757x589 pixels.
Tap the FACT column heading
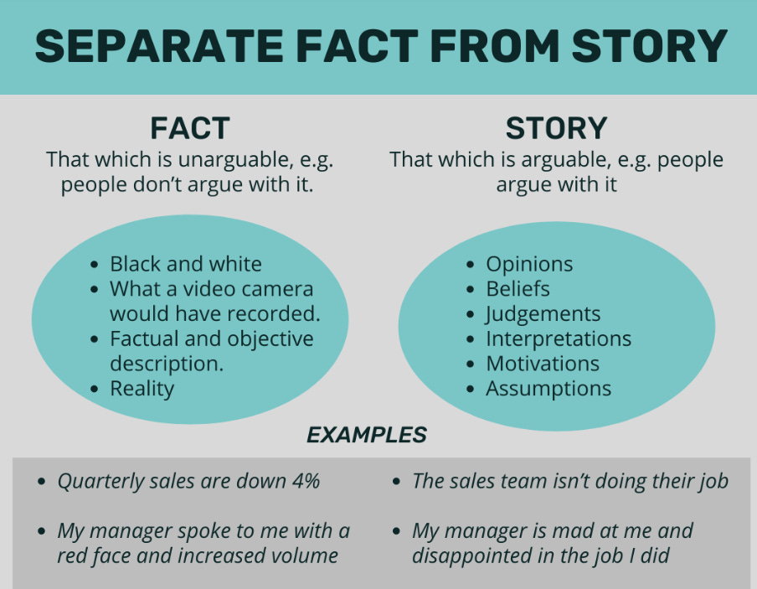[190, 128]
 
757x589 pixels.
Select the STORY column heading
[556, 128]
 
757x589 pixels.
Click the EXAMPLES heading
[366, 435]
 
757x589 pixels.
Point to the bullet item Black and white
[185, 264]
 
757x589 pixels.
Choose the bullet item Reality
[142, 388]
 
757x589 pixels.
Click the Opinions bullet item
[529, 264]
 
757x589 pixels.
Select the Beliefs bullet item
[518, 289]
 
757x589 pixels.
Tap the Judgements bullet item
[543, 314]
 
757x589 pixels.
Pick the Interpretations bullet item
[559, 339]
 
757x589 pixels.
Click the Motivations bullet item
[543, 364]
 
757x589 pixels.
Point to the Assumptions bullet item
[548, 389]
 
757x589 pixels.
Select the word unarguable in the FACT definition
[221, 159]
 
